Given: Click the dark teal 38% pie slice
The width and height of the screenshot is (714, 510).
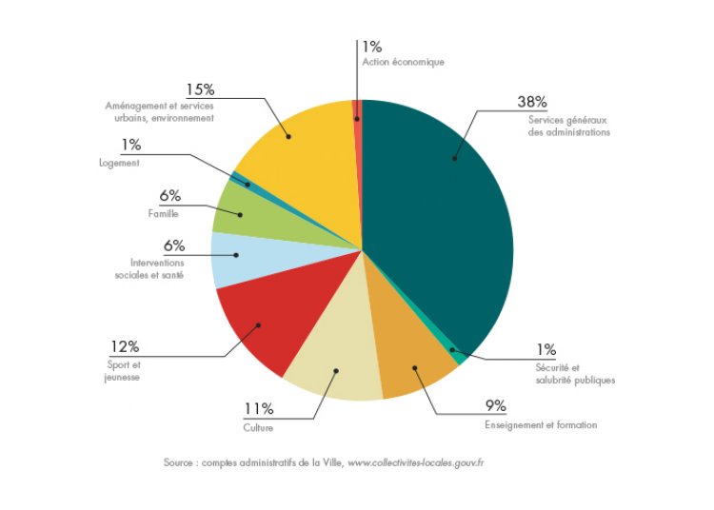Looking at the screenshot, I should point(438,219).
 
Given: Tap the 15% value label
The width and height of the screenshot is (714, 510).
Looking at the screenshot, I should point(201,89).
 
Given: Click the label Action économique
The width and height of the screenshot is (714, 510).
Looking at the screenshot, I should point(403,62).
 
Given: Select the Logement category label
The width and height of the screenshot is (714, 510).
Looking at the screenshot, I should point(119,163).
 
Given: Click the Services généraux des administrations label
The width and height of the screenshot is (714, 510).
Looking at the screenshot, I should point(568,126).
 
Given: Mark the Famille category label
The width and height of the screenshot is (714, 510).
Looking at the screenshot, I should point(164,213).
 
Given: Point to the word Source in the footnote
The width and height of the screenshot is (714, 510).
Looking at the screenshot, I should point(180,463).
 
